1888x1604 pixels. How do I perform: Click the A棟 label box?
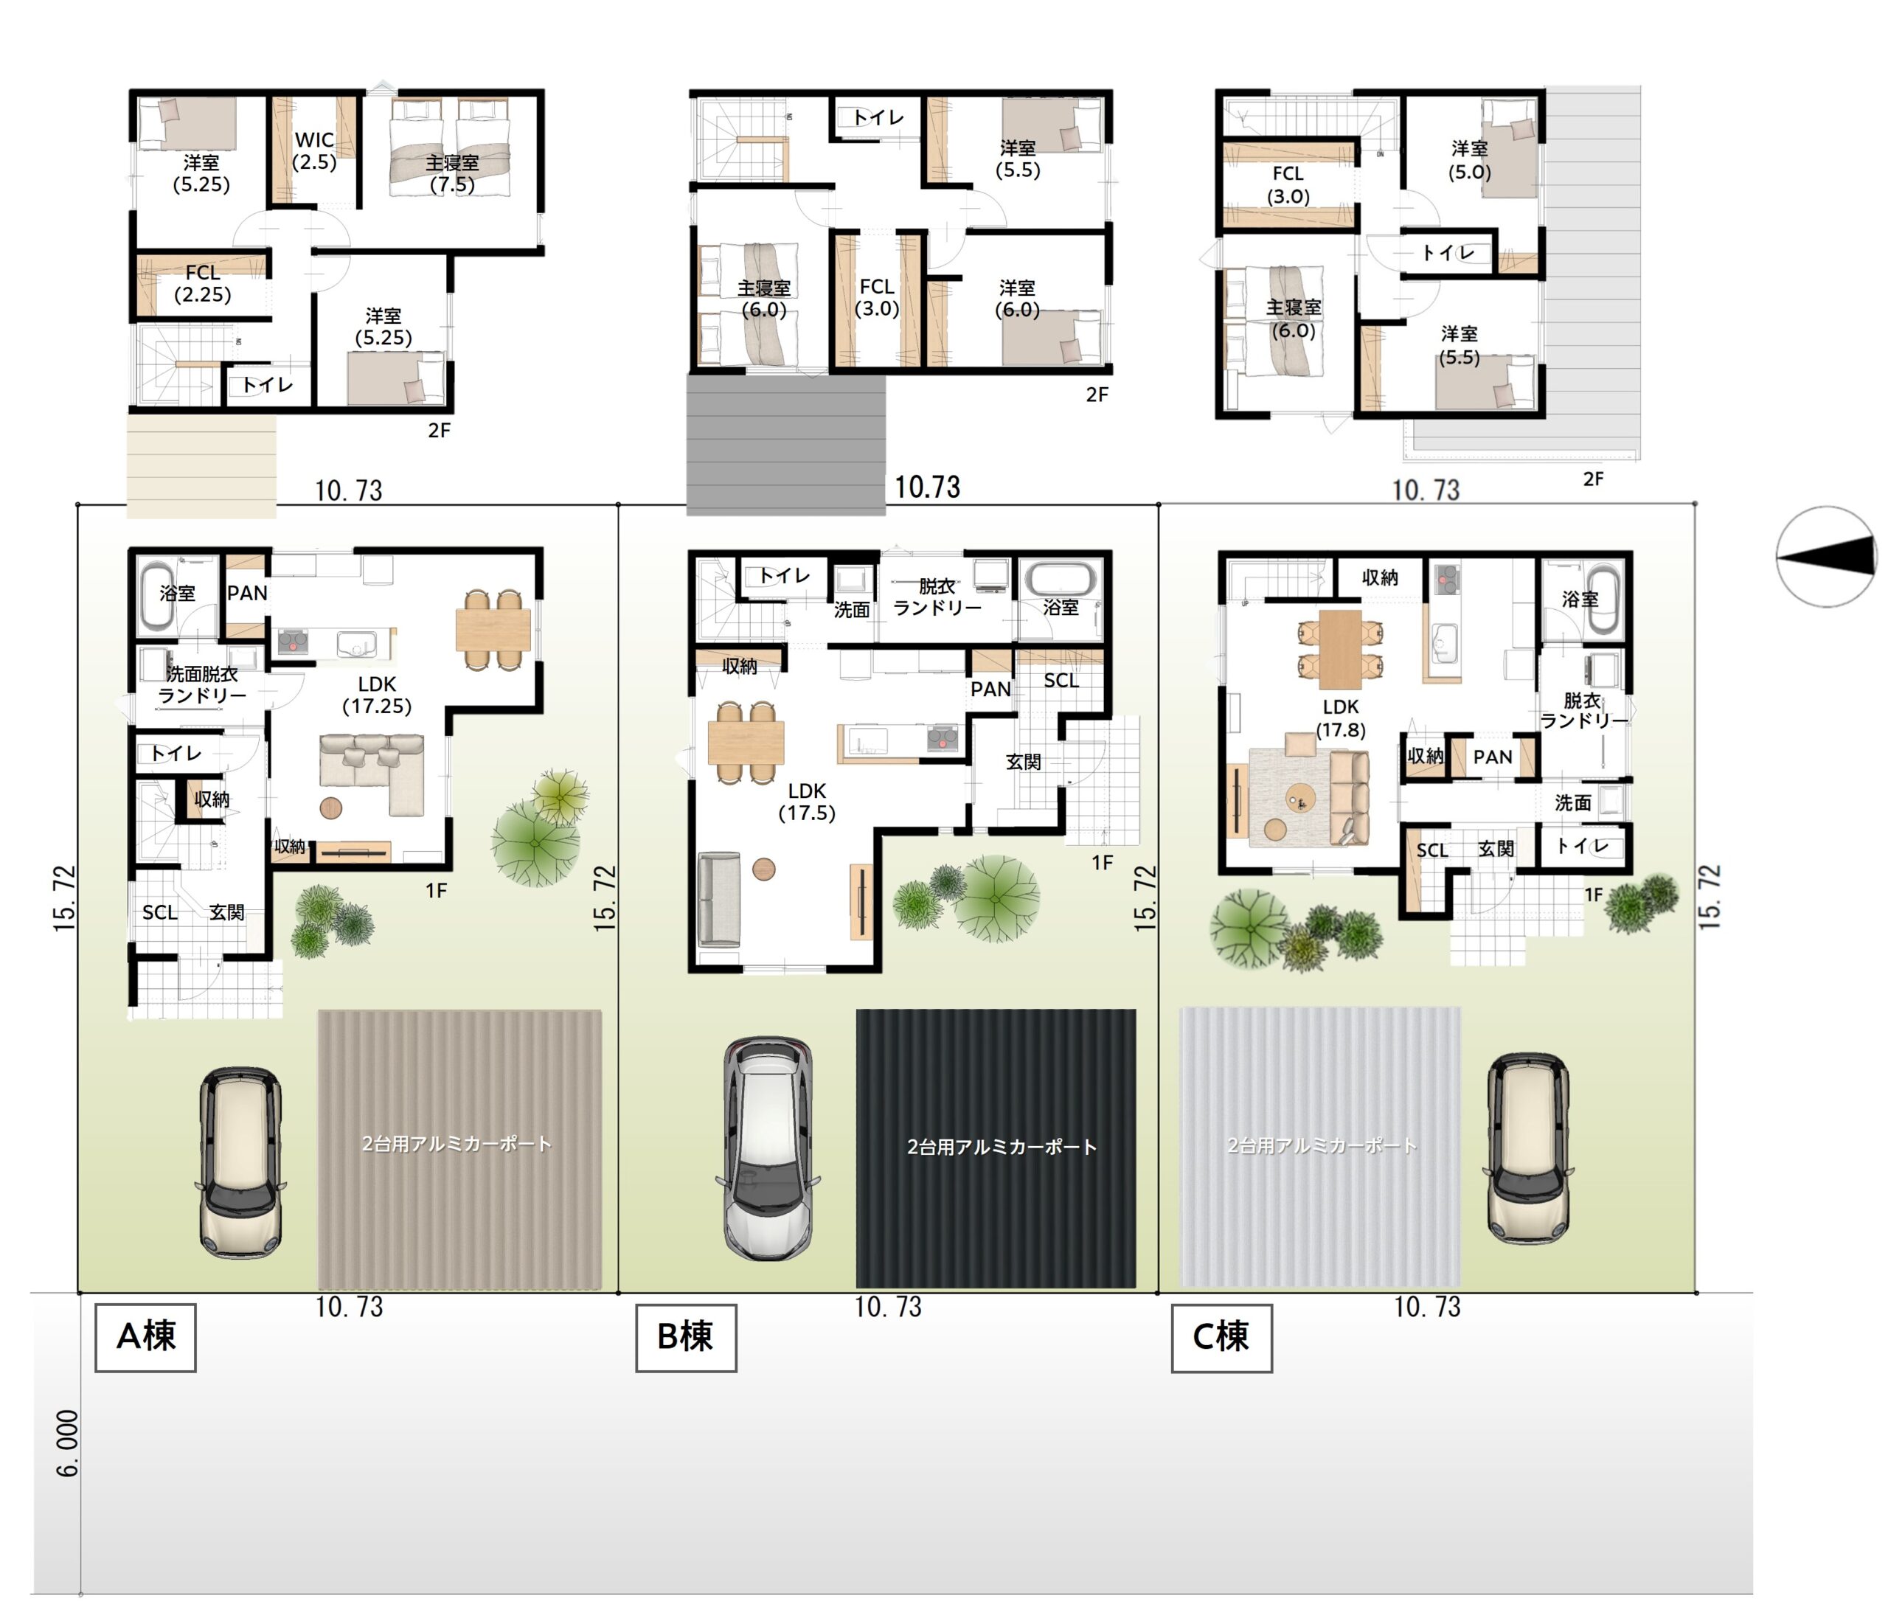click(x=145, y=1336)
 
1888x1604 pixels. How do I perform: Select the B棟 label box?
click(x=685, y=1336)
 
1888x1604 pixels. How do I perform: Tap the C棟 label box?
click(x=1221, y=1336)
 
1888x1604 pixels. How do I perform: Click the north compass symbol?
click(x=1825, y=555)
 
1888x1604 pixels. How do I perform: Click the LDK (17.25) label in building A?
click(x=377, y=695)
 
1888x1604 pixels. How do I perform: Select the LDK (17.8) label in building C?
click(x=1341, y=718)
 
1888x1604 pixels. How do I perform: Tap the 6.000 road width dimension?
click(x=67, y=1443)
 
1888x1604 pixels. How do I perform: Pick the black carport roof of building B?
click(x=996, y=1148)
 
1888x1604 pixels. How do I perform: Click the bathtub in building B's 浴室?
click(x=1061, y=578)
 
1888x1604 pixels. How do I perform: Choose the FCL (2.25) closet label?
click(x=202, y=282)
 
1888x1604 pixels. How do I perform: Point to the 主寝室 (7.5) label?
click(x=452, y=173)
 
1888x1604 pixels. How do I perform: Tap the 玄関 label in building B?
click(x=1023, y=761)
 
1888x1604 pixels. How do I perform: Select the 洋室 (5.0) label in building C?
click(x=1470, y=159)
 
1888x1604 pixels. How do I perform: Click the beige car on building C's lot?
click(x=1528, y=1148)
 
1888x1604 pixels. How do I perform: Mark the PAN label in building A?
click(x=246, y=593)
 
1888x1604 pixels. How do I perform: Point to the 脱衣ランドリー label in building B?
click(x=937, y=597)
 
